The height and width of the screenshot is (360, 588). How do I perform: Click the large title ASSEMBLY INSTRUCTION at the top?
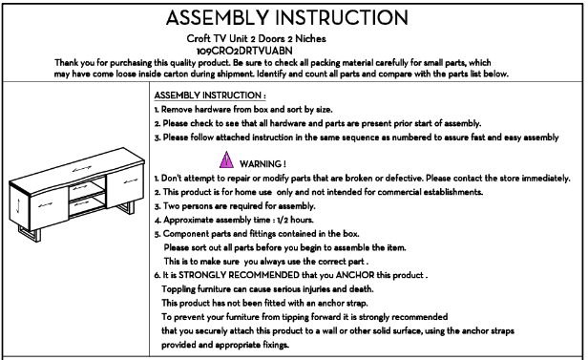[287, 17]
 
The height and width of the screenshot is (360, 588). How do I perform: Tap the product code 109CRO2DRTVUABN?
[244, 51]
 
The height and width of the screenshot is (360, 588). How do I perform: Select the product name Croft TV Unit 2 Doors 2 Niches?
[256, 38]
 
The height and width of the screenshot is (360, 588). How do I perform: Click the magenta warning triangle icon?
[226, 159]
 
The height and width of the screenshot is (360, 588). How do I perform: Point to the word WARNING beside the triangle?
[262, 164]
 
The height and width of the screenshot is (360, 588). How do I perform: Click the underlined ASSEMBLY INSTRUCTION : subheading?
[210, 95]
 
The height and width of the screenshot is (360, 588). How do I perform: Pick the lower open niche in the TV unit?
[87, 205]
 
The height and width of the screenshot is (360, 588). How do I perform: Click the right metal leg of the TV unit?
[127, 208]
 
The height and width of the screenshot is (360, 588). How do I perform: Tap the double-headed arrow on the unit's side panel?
[18, 206]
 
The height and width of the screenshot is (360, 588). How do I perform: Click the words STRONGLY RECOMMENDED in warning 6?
[239, 275]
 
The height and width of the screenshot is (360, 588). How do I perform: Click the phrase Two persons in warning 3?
[185, 206]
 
